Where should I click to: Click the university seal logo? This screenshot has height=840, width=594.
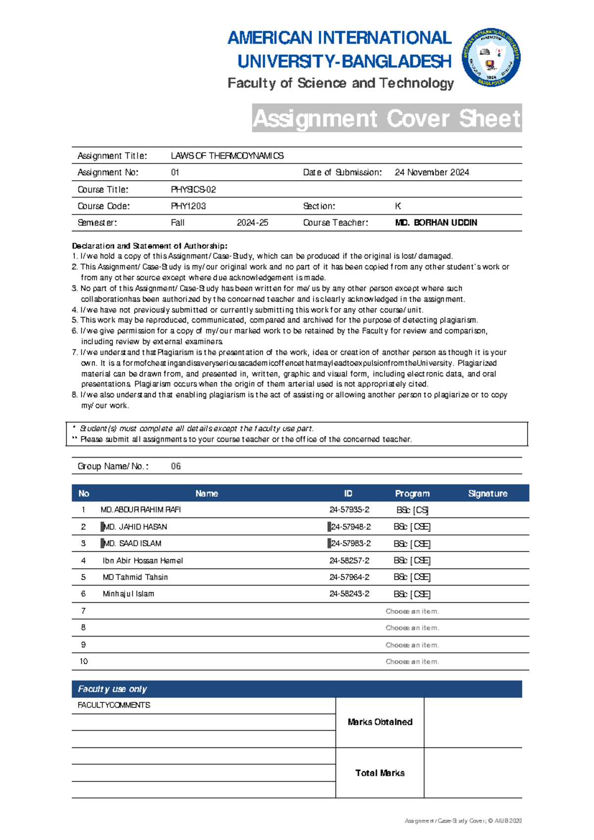[x=491, y=57]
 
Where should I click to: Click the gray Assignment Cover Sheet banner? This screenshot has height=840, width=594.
[x=387, y=118]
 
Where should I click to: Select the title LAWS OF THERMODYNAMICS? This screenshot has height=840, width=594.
[x=227, y=156]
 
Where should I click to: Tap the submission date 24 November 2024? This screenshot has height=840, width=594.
[x=432, y=172]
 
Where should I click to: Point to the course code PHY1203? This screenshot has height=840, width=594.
[x=188, y=206]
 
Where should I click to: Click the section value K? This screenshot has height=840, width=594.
[x=397, y=206]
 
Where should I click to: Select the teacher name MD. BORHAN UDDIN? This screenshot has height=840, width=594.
[x=436, y=223]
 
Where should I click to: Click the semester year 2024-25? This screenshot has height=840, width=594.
[x=252, y=223]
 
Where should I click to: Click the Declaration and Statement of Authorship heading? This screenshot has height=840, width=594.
[x=149, y=246]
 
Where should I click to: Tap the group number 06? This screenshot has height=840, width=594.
[x=176, y=466]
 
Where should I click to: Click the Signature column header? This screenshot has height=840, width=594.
[x=488, y=493]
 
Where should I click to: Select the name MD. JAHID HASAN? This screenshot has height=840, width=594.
[x=135, y=527]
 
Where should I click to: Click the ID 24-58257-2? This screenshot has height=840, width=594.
[x=349, y=561]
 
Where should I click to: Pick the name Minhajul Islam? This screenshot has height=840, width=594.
[x=128, y=594]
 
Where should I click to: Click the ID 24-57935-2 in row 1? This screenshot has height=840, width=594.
[x=349, y=510]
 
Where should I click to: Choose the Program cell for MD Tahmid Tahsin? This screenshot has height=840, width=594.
[x=412, y=577]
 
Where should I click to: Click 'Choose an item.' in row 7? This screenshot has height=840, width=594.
[x=412, y=611]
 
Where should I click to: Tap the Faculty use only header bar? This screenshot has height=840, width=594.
[x=297, y=689]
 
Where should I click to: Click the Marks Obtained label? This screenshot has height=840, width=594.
[x=380, y=722]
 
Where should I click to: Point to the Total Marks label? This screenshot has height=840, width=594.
[x=380, y=773]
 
